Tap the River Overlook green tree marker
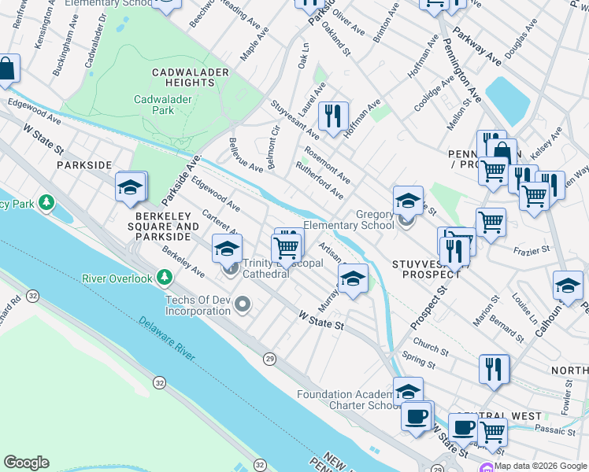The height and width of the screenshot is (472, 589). point(165,277)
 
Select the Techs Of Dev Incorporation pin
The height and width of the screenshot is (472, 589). point(243,304)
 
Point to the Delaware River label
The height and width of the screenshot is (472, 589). point(168,340)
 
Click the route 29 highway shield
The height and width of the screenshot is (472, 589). point(269,359)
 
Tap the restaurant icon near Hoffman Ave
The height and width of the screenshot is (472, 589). point(334,116)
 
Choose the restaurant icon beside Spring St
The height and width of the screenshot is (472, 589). point(494,368)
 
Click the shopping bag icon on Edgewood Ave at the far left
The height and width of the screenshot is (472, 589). point(6,68)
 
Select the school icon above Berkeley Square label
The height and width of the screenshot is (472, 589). point(131,186)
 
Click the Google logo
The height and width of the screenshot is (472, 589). point(26,463)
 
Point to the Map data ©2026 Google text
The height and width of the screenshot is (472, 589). point(540,466)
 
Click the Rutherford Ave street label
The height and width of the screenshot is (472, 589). point(319,180)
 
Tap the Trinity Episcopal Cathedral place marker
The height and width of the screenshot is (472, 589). point(232,271)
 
